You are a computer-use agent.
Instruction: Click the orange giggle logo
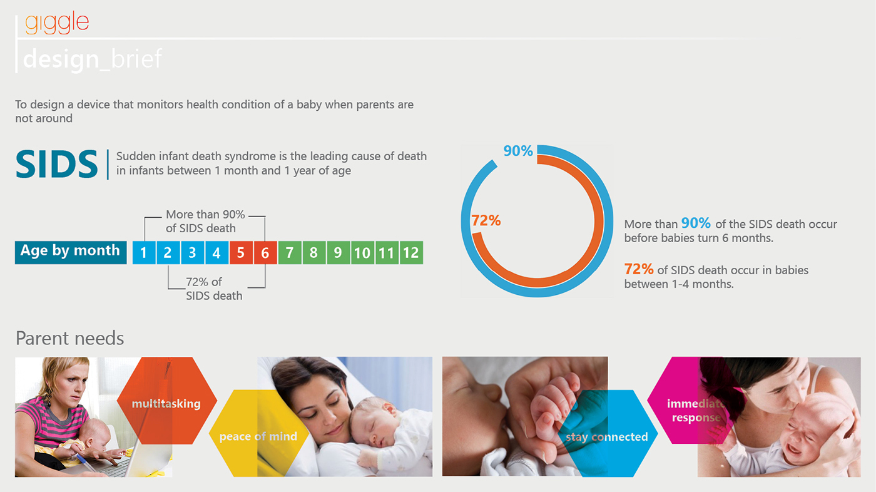[57, 23]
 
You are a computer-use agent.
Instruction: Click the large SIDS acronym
[57, 165]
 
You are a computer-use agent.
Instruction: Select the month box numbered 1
[144, 253]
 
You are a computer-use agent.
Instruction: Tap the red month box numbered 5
[241, 253]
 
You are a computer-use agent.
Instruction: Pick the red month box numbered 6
[265, 253]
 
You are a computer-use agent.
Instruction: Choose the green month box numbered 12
[411, 253]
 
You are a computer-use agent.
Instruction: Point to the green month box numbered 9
[338, 253]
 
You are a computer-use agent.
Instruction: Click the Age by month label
[70, 252]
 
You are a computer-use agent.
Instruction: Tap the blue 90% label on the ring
[518, 151]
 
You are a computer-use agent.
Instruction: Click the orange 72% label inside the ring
[486, 220]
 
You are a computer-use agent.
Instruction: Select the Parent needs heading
[69, 339]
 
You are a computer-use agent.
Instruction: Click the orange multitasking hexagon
[166, 401]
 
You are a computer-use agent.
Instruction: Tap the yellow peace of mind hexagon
[258, 433]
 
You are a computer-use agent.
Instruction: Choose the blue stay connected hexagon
[607, 434]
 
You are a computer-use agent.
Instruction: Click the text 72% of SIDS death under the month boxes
[213, 289]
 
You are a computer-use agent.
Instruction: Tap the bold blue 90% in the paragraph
[696, 223]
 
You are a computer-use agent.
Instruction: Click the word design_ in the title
[61, 59]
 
